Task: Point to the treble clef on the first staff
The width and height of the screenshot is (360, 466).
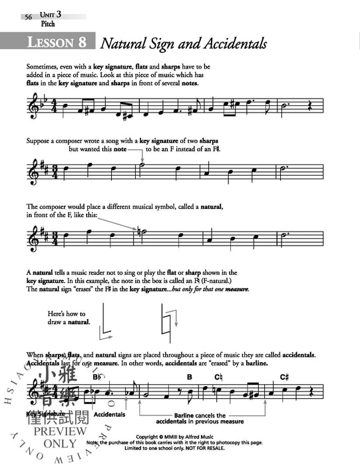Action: coord(33,106)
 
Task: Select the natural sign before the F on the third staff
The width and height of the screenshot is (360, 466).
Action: coord(138,231)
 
